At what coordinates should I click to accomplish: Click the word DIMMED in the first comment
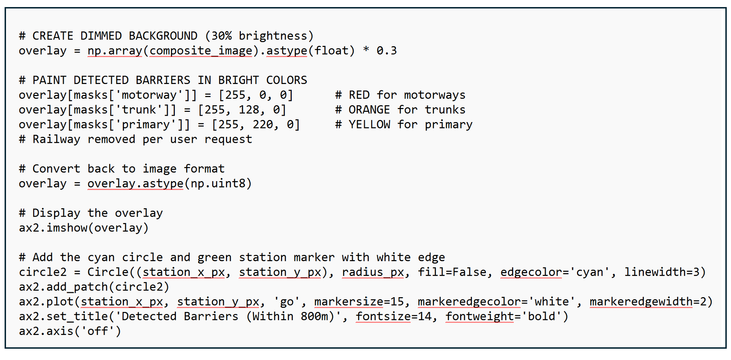(101, 36)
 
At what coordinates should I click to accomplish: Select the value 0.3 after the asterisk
(386, 51)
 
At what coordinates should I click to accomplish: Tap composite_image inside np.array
(201, 51)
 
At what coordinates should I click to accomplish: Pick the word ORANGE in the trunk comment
(369, 110)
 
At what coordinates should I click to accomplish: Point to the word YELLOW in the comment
(369, 125)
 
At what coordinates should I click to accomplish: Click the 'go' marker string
(287, 302)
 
